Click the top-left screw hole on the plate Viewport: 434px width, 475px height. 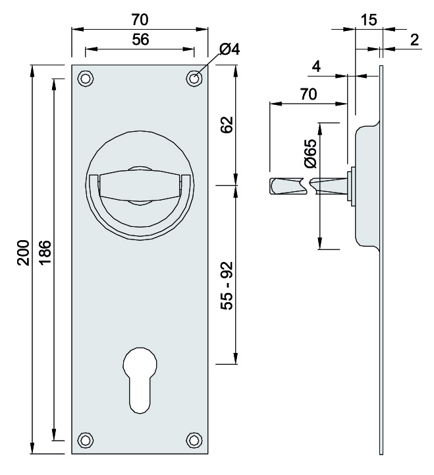[86, 78]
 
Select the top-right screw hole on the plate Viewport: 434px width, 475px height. [194, 78]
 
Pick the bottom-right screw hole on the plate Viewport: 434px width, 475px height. [194, 440]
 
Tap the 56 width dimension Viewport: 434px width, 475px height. [140, 40]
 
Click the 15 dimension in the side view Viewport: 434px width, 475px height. [369, 20]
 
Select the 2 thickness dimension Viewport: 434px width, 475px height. [414, 40]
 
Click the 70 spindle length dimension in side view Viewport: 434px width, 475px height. [308, 94]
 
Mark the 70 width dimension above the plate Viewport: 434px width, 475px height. [140, 18]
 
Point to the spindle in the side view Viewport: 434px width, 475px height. [310, 186]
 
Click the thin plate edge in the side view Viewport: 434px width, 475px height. [381, 297]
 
